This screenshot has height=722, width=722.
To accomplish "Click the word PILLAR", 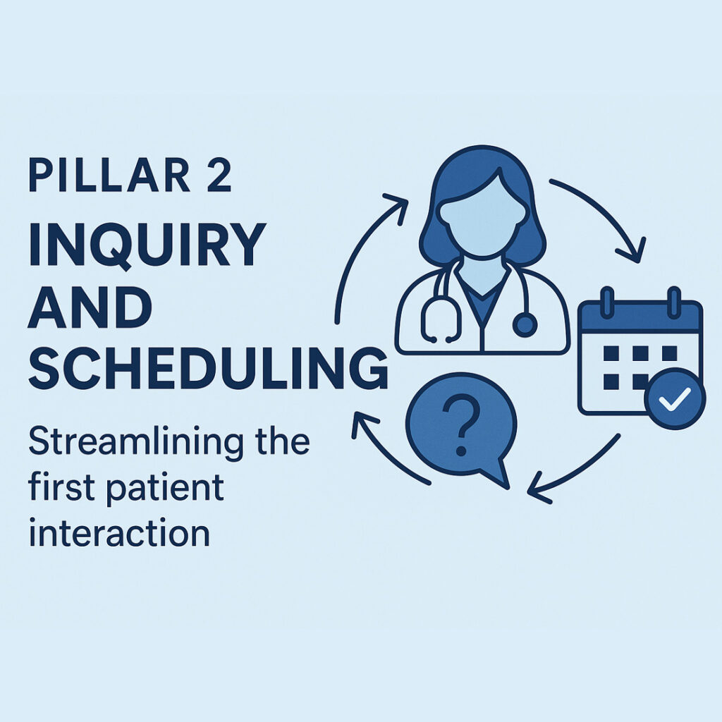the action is click(109, 175).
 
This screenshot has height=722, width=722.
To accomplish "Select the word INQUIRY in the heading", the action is click(147, 245).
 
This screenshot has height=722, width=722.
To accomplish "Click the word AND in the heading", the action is click(90, 306).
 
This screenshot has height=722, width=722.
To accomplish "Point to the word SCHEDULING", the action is click(208, 368).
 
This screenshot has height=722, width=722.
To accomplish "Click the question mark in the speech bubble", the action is click(460, 426).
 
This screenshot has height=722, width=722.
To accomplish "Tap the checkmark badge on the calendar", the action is click(675, 399).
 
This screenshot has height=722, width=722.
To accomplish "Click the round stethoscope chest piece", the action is click(525, 324).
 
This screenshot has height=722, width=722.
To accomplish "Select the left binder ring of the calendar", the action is click(607, 302).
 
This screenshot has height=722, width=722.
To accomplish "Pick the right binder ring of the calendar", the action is click(673, 302).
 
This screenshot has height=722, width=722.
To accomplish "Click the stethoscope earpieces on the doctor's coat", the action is click(441, 340).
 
